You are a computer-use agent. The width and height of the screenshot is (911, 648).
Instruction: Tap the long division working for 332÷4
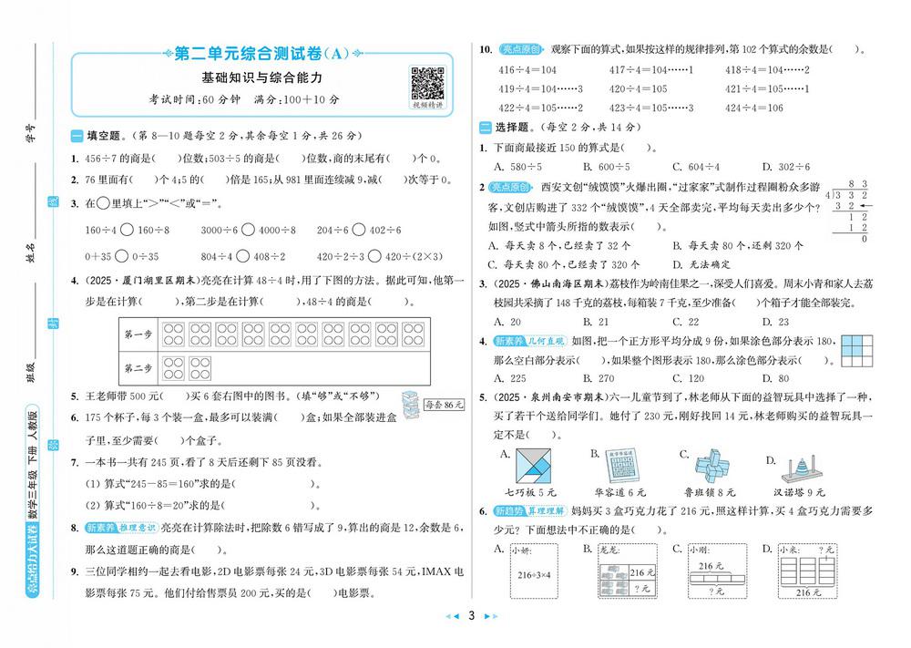(846, 211)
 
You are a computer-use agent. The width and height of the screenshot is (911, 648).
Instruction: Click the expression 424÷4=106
(754, 108)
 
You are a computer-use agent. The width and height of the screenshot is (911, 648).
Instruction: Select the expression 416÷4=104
(527, 70)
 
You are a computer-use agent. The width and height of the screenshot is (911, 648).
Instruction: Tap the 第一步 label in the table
(138, 334)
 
